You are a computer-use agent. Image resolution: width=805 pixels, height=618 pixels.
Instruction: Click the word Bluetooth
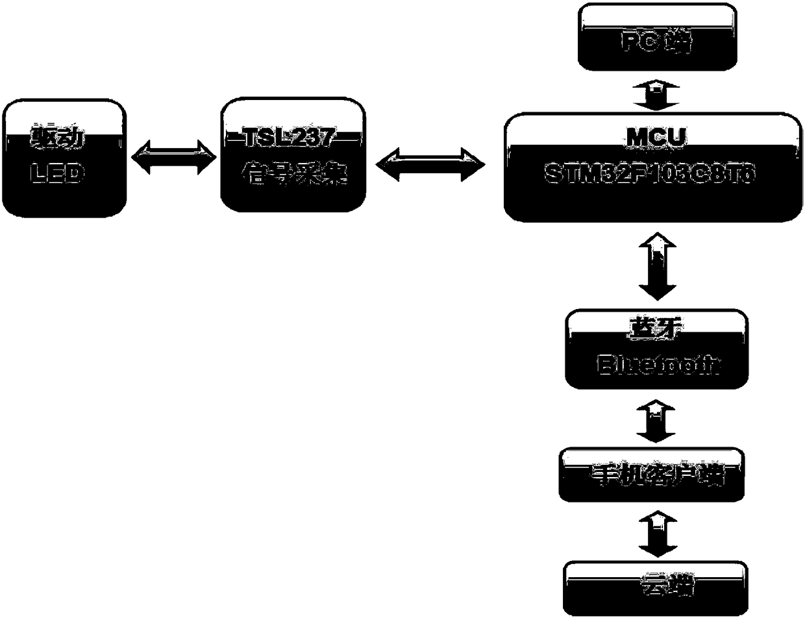coord(657,364)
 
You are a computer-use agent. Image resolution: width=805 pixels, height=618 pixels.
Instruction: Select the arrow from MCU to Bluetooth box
coord(656,266)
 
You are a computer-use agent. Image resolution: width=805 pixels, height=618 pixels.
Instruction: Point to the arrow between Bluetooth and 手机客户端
coord(656,419)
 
